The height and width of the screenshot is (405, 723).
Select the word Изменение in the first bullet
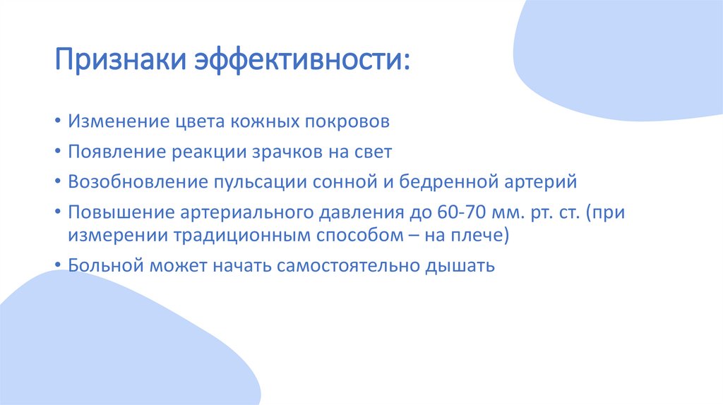click(x=116, y=121)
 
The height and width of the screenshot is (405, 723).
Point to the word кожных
click(x=263, y=121)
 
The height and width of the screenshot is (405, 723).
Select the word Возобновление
click(x=135, y=182)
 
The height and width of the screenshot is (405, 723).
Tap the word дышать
click(x=461, y=267)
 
